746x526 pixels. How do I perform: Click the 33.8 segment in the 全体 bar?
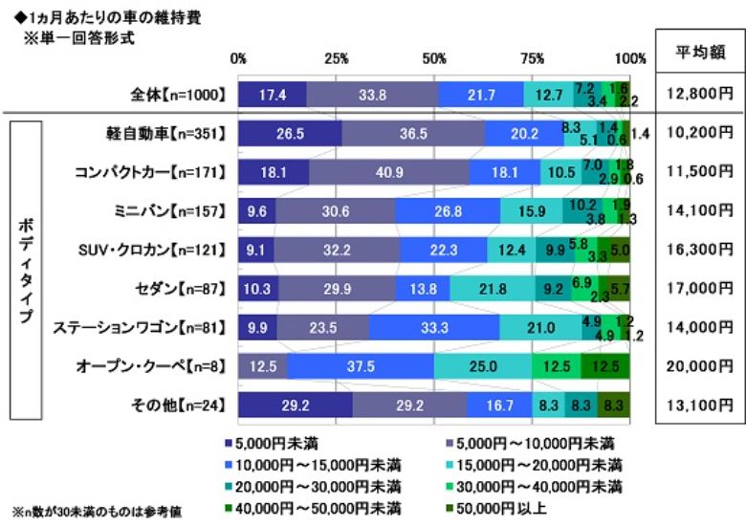coord(372,95)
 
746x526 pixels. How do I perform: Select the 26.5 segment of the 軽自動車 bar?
coord(290,134)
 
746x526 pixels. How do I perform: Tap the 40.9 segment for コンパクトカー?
coord(389,173)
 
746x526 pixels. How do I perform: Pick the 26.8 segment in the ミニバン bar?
coord(448,211)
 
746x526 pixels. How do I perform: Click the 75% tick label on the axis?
coord(533,58)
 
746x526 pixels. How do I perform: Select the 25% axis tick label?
coord(337,58)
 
